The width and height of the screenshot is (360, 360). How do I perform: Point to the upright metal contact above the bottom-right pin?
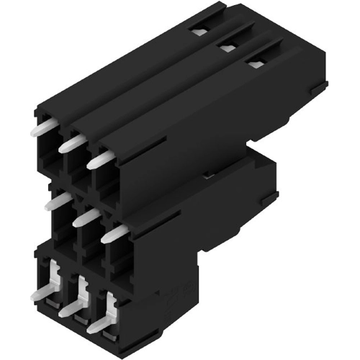109,304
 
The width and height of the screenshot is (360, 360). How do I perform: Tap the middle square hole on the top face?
228,48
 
